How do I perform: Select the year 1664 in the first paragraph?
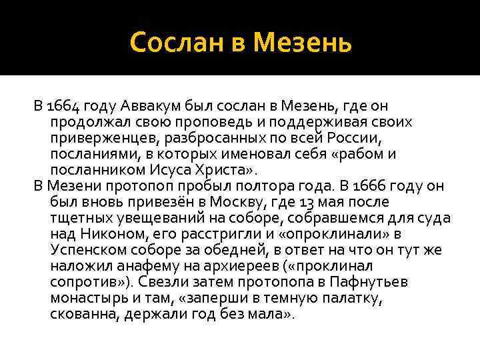67,106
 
